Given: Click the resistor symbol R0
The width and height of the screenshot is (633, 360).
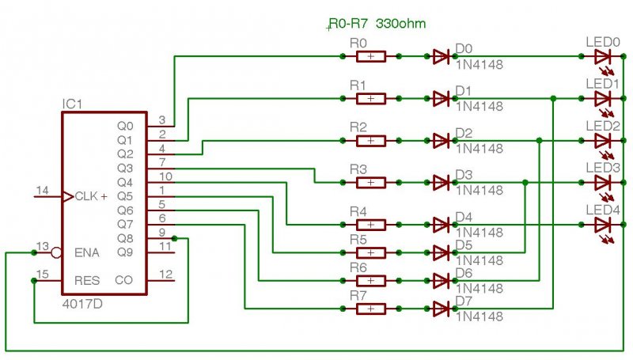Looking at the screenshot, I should pos(370,56).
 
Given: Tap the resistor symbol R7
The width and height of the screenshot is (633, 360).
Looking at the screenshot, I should pos(370,309).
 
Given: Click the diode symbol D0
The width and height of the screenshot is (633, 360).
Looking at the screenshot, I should pos(442,56).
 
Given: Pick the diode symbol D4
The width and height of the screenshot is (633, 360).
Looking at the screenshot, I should pos(442,225).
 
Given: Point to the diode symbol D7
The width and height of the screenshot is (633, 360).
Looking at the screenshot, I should pos(442,309).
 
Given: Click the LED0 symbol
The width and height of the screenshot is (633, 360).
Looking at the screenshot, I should pos(602,56).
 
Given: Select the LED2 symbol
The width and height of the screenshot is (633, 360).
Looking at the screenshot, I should pos(602,141).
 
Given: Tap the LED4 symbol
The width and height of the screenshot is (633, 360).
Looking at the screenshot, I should pos(602,225).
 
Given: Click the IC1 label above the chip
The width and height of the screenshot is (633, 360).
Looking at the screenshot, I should pos(72,104).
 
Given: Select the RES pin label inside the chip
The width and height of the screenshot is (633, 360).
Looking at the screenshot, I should pos(87,280).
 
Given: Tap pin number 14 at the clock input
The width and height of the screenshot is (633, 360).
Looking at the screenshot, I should pos(42,190).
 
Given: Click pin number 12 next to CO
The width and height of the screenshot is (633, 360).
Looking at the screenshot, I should pos(165,274).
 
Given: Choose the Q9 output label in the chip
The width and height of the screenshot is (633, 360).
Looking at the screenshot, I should pos(124,252).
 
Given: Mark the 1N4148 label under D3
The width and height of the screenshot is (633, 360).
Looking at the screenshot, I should pos(479,191).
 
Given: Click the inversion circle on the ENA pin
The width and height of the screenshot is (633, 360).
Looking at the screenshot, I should pos(55,253).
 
